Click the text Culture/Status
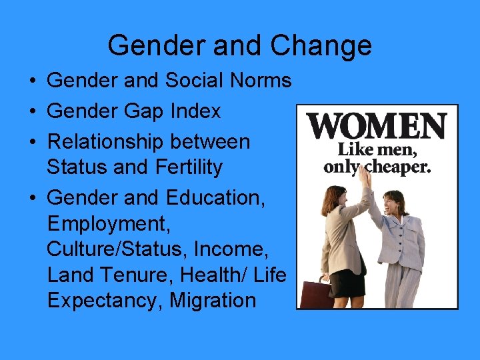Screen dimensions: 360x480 [x=116, y=249]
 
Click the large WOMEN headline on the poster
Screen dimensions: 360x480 [x=377, y=125]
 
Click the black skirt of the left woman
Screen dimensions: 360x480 [x=348, y=283]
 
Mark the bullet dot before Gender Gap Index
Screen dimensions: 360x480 [x=33, y=112]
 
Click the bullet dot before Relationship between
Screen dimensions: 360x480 [x=33, y=143]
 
